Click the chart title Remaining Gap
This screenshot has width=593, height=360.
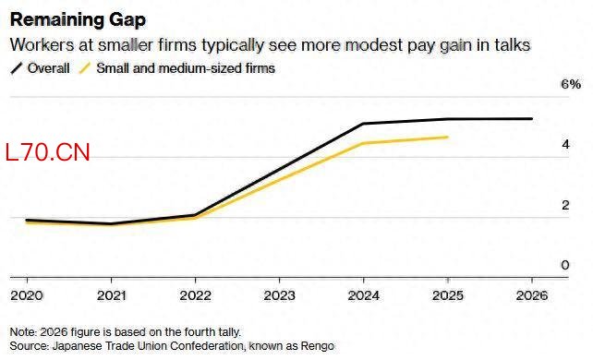(x=78, y=19)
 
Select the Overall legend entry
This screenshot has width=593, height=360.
(x=41, y=68)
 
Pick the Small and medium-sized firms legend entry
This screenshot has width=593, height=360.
(x=177, y=68)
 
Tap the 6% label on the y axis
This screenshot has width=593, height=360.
(x=571, y=84)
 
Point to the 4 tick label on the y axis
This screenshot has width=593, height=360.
(x=565, y=144)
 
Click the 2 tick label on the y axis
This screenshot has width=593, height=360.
(x=565, y=205)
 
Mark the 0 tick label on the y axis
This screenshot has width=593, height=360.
(x=565, y=265)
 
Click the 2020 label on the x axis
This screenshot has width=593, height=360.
(x=27, y=295)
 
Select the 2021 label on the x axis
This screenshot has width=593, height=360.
(x=111, y=295)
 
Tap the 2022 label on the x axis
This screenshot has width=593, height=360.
(x=195, y=295)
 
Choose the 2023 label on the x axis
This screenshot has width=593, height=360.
(x=280, y=295)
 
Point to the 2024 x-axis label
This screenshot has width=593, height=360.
(x=363, y=295)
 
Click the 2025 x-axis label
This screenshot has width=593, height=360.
(x=448, y=295)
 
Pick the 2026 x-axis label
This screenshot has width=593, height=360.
(x=532, y=295)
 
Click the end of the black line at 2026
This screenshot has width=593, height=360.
(x=532, y=118)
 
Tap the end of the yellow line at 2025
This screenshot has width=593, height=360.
(x=447, y=137)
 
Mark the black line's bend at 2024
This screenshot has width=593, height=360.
(x=363, y=124)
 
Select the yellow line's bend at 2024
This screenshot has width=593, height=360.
(x=363, y=143)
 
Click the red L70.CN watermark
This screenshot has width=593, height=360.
(x=48, y=152)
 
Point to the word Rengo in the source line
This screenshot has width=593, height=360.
(x=318, y=346)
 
